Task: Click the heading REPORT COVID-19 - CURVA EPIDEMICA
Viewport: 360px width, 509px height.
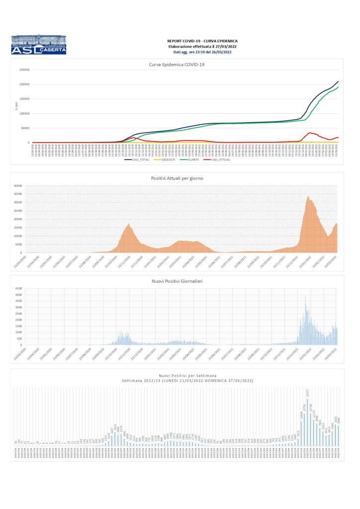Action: (202, 41)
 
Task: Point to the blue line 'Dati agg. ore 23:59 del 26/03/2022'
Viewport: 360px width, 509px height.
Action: (202, 52)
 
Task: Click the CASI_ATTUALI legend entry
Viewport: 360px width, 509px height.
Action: (221, 160)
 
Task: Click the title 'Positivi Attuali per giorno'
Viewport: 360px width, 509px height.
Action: (177, 178)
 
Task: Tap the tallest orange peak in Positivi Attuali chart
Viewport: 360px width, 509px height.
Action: (308, 197)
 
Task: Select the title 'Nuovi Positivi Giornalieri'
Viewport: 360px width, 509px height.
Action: (177, 281)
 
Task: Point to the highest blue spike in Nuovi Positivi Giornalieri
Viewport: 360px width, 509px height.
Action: (305, 297)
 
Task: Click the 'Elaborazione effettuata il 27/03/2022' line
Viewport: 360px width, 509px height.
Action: (202, 46)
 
